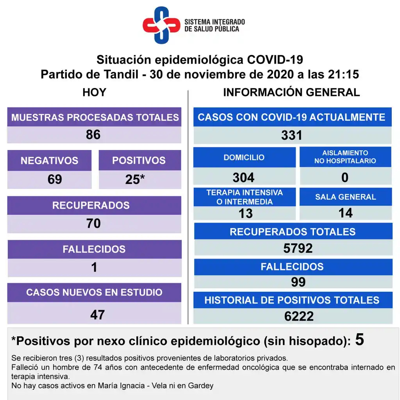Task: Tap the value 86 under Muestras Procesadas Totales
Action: (93, 135)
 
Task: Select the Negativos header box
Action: (49, 160)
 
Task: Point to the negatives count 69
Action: (55, 179)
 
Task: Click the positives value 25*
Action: (135, 179)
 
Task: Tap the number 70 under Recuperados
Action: (94, 223)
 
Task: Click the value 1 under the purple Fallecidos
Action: (94, 267)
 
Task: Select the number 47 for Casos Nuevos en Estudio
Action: (97, 314)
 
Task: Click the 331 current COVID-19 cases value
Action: (292, 136)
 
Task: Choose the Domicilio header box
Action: (244, 157)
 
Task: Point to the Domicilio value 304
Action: (243, 178)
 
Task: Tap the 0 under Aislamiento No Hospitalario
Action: (345, 178)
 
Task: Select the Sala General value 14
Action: (346, 213)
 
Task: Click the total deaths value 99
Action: (298, 282)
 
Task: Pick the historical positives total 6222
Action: (299, 316)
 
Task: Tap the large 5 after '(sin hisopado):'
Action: (359, 340)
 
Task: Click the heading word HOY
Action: (94, 93)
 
